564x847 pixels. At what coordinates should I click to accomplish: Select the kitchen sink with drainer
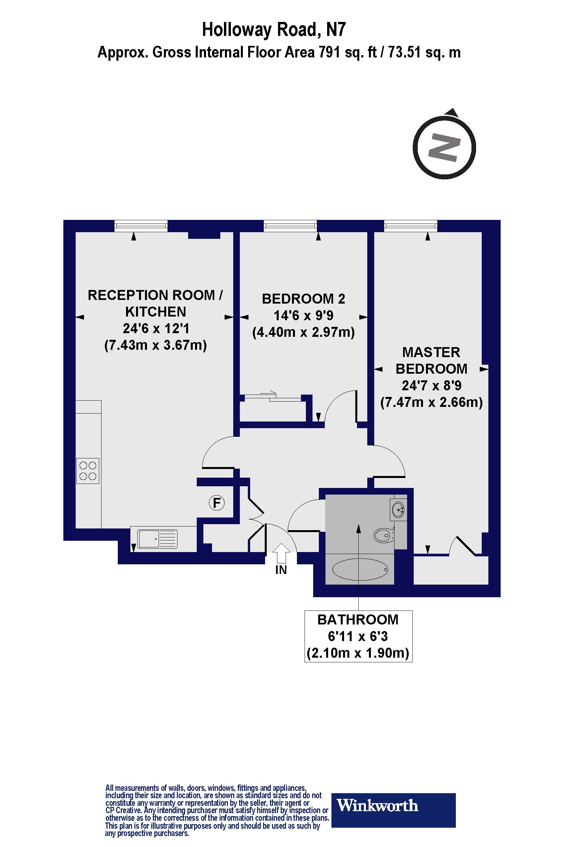click(x=158, y=539)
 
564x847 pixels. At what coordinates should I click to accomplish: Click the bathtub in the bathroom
click(x=360, y=569)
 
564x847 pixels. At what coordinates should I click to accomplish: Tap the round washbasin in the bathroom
click(x=398, y=510)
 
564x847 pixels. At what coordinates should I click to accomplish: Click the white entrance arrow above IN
click(x=281, y=553)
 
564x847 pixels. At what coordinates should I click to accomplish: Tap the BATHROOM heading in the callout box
click(x=358, y=619)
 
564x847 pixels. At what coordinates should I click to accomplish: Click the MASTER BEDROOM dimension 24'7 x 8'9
click(x=432, y=386)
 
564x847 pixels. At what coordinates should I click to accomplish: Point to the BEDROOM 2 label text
click(x=304, y=299)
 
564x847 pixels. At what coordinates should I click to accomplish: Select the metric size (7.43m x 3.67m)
click(x=156, y=345)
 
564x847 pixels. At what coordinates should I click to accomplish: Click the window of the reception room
click(x=141, y=226)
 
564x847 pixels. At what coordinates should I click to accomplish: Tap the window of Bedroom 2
click(x=290, y=226)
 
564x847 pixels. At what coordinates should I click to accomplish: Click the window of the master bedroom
click(x=411, y=226)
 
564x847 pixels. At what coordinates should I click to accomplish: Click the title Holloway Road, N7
click(x=274, y=30)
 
